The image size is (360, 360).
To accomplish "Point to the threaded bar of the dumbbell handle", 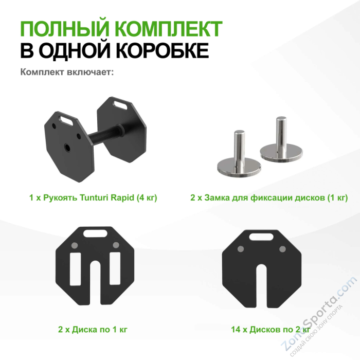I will click(x=105, y=137).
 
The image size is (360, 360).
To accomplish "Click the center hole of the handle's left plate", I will click(x=67, y=147).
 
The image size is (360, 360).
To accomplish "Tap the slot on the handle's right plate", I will click(x=122, y=106).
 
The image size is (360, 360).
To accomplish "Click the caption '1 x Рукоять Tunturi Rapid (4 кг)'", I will click(x=93, y=197).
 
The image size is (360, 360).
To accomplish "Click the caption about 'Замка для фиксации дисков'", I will click(x=269, y=197).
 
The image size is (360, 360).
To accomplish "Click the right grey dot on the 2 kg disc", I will click(x=282, y=248).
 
